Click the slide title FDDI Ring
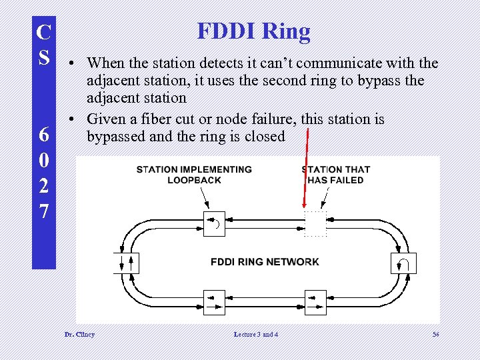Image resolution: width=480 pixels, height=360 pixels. [x=253, y=31]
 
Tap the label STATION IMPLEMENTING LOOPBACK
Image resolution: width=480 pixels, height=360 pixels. [x=194, y=175]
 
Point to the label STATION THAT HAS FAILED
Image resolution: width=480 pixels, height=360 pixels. [x=336, y=175]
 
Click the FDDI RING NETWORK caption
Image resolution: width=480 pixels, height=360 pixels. [x=265, y=261]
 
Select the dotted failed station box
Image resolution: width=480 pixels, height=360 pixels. [x=315, y=223]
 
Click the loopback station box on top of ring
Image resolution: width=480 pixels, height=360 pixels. [x=214, y=223]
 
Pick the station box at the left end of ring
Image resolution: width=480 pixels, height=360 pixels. [x=126, y=263]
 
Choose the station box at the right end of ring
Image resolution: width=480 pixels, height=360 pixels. [x=403, y=263]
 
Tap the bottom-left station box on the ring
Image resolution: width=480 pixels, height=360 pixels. [x=214, y=302]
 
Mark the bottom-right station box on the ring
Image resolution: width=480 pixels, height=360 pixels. [x=315, y=302]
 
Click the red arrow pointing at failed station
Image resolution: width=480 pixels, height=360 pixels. [x=306, y=170]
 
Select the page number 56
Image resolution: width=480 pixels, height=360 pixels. [x=435, y=334]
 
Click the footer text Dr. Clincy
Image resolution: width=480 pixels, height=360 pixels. [x=79, y=334]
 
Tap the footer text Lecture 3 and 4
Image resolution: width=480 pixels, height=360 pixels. [x=256, y=334]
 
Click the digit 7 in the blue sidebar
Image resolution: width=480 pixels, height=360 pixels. [x=43, y=212]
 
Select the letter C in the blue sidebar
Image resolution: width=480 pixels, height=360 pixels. [x=43, y=31]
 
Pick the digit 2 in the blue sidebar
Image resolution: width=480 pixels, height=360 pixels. [x=43, y=186]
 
